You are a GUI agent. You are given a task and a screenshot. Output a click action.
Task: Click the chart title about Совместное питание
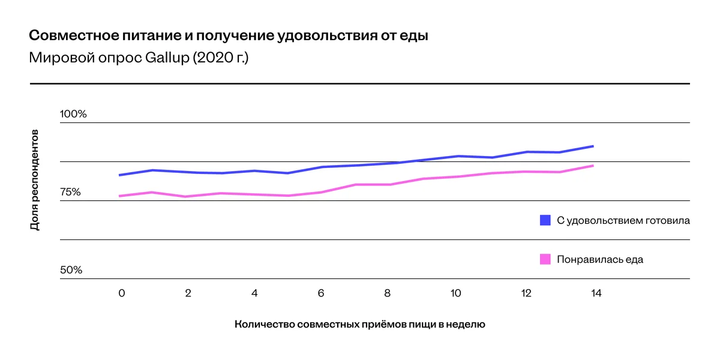(229, 35)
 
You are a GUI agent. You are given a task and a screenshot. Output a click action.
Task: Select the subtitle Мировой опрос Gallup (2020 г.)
(139, 59)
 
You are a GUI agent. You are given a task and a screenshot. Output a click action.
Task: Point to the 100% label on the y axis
(73, 114)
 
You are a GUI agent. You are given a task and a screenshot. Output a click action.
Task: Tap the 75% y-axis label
(70, 192)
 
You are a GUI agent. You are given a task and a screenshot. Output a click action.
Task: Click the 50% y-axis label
(71, 270)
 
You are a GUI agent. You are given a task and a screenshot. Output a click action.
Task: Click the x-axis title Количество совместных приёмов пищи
(359, 325)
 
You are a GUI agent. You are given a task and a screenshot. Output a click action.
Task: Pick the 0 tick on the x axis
(122, 293)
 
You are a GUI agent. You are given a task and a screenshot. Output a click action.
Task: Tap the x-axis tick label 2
(188, 293)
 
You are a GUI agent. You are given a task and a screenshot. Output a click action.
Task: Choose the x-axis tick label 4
(255, 293)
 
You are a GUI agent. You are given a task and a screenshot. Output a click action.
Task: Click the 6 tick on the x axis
(322, 293)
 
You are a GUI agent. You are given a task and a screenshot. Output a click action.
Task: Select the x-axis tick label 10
(455, 293)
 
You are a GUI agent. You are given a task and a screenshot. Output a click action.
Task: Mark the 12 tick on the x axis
(526, 293)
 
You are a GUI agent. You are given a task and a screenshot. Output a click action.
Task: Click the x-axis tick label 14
(596, 293)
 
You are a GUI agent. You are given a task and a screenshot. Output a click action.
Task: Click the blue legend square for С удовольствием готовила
(545, 220)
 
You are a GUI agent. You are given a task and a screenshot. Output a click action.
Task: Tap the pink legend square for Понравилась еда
(545, 259)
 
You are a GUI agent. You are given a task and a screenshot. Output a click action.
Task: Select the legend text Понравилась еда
(600, 259)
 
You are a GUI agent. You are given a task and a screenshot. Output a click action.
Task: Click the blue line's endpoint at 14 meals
(593, 146)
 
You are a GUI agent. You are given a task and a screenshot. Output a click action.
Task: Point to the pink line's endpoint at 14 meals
(593, 165)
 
